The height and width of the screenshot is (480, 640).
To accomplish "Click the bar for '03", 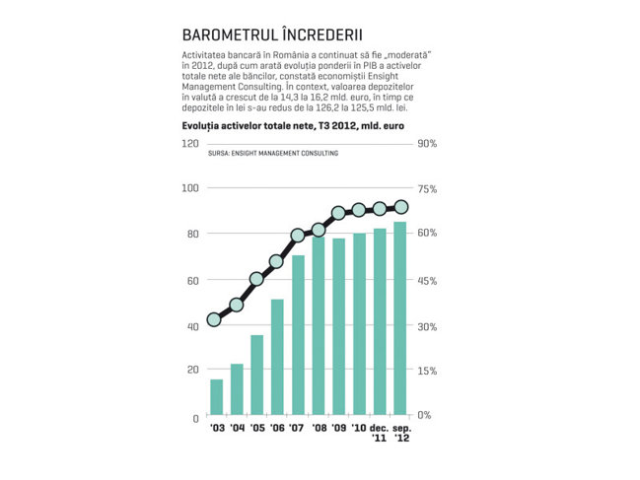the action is [216, 397].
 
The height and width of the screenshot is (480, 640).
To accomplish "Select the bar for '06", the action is [277, 357].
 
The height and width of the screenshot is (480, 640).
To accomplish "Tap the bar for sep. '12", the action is [400, 318].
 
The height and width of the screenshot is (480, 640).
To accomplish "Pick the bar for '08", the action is [319, 326].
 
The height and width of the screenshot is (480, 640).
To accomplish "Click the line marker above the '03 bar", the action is [214, 319].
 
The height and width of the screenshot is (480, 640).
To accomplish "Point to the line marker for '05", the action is [256, 279].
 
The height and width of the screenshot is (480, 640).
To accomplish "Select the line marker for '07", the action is [298, 236].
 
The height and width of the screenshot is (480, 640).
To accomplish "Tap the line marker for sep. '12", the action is [401, 207].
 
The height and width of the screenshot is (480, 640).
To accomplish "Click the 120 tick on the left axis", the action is [189, 144].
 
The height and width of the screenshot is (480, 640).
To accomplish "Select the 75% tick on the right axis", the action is [427, 189].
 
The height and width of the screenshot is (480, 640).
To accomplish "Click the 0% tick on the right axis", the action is [424, 415].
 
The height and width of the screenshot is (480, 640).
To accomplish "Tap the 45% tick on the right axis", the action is [427, 281].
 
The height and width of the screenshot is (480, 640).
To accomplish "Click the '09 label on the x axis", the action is [339, 428].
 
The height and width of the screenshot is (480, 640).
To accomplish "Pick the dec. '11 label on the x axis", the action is [379, 433].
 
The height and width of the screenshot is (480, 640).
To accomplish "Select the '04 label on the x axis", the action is [237, 428].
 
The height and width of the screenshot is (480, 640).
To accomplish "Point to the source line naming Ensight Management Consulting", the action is [273, 154].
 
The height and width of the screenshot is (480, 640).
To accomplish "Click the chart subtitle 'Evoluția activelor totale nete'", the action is [247, 125].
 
